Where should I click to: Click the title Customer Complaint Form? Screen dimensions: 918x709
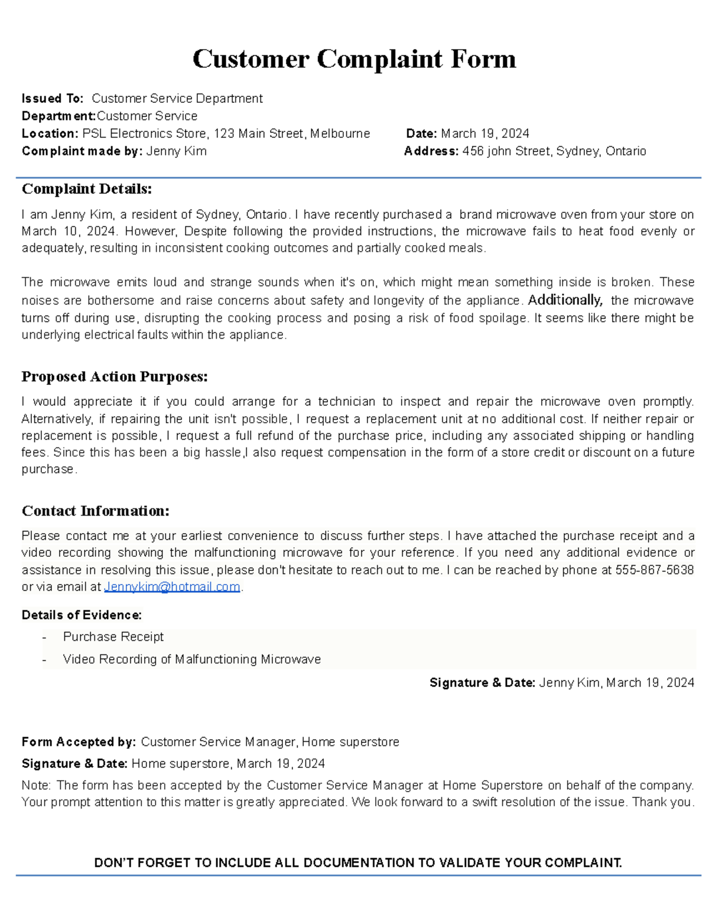(x=354, y=59)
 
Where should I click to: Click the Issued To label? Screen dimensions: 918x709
(x=52, y=99)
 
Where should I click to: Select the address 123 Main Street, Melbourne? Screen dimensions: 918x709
(x=292, y=134)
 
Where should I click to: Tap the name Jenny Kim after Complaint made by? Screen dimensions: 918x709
(x=176, y=151)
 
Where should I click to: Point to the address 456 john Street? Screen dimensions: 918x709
(x=507, y=151)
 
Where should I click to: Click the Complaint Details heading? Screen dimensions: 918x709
(x=87, y=189)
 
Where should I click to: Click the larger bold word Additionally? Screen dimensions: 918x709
(x=565, y=300)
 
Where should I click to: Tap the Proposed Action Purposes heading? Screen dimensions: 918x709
(x=115, y=377)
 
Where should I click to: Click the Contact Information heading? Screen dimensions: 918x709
(x=96, y=511)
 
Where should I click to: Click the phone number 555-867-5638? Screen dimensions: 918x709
(x=654, y=570)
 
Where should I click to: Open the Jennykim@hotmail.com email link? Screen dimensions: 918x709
(x=172, y=587)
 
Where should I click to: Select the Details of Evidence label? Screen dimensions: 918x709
(x=82, y=615)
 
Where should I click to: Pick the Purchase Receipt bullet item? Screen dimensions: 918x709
(x=113, y=637)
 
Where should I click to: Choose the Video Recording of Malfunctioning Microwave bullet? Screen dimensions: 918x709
(x=191, y=660)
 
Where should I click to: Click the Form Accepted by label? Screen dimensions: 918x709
(x=79, y=742)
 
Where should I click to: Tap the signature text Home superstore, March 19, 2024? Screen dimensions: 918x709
(x=227, y=764)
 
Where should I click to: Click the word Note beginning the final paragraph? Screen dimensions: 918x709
(x=36, y=786)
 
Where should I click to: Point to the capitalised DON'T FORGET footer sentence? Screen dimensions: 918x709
(x=358, y=863)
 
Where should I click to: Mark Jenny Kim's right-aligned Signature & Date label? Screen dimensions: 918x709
(x=482, y=683)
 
